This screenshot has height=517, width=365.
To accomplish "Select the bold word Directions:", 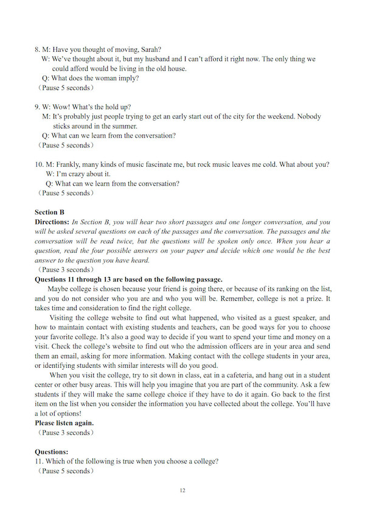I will pos(52,222).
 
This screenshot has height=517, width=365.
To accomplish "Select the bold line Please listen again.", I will pos(64,423).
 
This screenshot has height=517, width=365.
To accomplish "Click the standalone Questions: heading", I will pos(52,452).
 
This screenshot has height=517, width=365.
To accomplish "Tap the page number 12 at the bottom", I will pos(182,491).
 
